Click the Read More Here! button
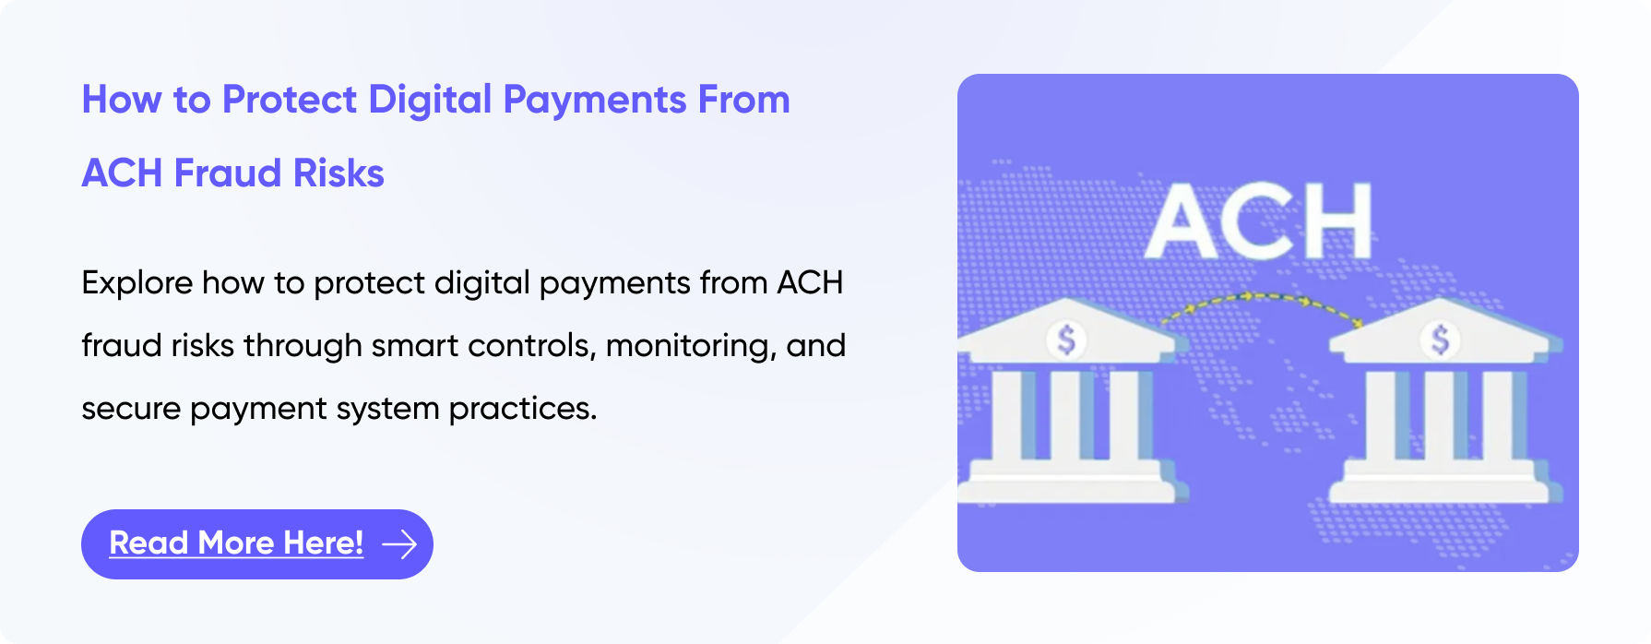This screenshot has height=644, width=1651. [x=257, y=544]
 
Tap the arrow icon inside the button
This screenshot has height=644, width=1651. [x=399, y=544]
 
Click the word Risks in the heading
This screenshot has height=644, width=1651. [x=339, y=173]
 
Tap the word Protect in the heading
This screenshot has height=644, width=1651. [x=290, y=100]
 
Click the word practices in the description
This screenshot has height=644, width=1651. [x=523, y=409]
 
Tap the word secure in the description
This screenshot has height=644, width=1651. [x=131, y=409]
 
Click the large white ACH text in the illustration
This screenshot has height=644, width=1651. [x=1259, y=221]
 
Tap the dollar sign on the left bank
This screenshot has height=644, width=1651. [x=1066, y=340]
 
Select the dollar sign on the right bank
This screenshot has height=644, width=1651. [x=1440, y=340]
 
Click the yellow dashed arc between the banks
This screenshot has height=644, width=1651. [x=1260, y=297]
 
